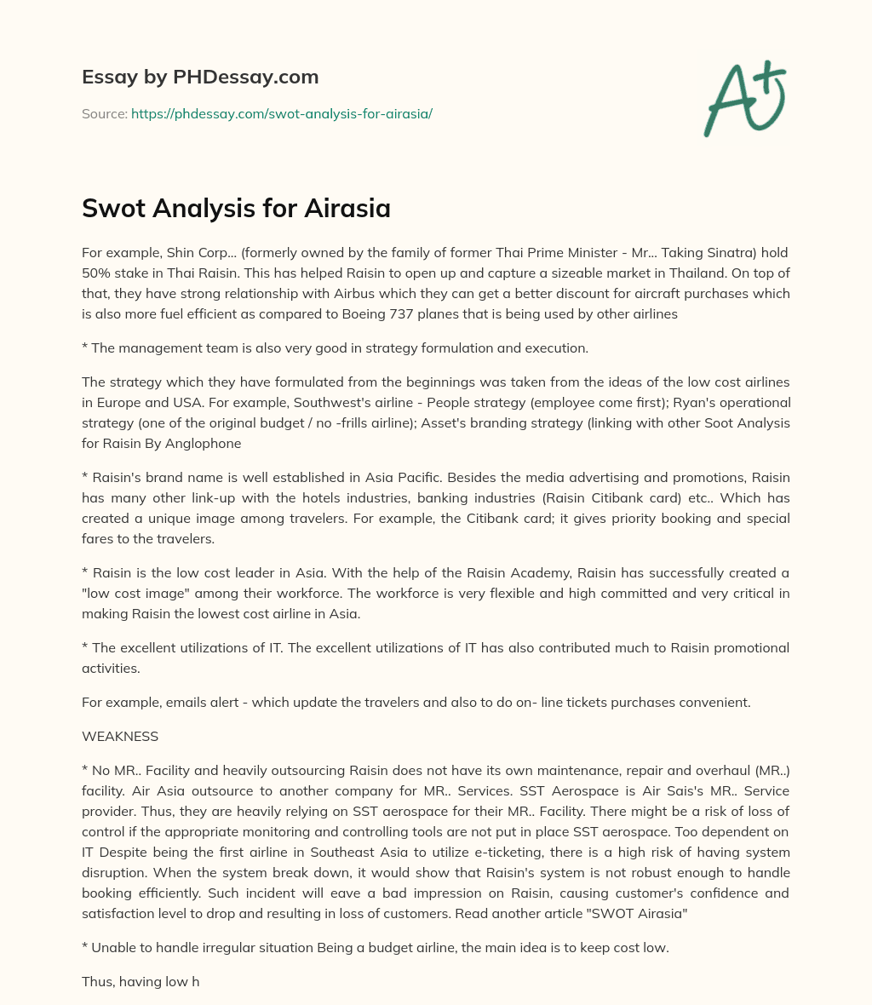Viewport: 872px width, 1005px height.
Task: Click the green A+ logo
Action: click(744, 98)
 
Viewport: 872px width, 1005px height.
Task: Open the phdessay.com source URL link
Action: click(281, 113)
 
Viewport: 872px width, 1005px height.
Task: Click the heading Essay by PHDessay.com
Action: click(200, 78)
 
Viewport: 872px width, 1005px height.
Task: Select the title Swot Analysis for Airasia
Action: click(236, 208)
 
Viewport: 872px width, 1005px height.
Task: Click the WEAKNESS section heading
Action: click(120, 736)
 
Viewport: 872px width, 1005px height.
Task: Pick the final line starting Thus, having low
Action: click(141, 981)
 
